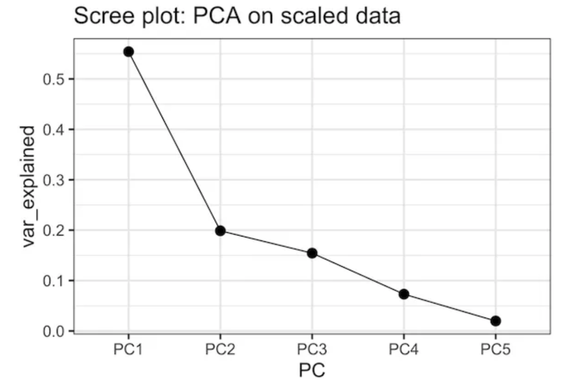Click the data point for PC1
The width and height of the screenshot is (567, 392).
coord(129,52)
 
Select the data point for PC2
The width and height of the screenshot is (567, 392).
coord(220,231)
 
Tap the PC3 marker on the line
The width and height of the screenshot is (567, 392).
coord(312,253)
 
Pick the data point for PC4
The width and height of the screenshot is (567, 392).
coord(404,294)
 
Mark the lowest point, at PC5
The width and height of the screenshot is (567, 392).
coord(496,321)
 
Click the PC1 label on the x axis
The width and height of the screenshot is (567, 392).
coord(128,349)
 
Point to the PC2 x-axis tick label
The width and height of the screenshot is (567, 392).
coord(220,349)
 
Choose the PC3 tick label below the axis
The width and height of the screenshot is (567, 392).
coord(312,349)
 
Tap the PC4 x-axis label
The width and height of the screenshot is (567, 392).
coord(404,349)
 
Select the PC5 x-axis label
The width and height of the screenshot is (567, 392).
coord(496,349)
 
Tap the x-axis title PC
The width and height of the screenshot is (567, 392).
coord(312,370)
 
